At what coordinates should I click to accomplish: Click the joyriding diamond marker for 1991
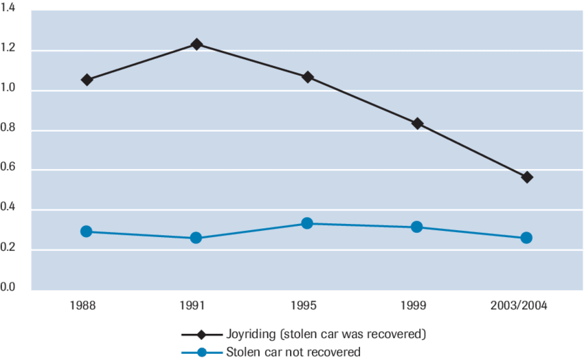pos(196,44)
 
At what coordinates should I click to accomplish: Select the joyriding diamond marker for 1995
pos(307,77)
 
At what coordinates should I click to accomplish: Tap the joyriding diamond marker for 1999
pos(417,124)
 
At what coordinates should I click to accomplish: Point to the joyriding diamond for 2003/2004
pos(527,177)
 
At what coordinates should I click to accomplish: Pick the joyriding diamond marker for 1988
pos(87,80)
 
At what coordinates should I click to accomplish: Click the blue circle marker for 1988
pos(87,232)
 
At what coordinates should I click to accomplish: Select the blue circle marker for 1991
pos(196,238)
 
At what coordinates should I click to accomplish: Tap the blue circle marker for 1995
pos(307,223)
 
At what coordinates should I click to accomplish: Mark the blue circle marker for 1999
pos(417,227)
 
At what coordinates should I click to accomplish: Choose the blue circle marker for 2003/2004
pos(527,238)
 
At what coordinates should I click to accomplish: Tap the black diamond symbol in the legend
pos(202,335)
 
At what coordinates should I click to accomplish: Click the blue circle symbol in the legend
pos(202,352)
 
